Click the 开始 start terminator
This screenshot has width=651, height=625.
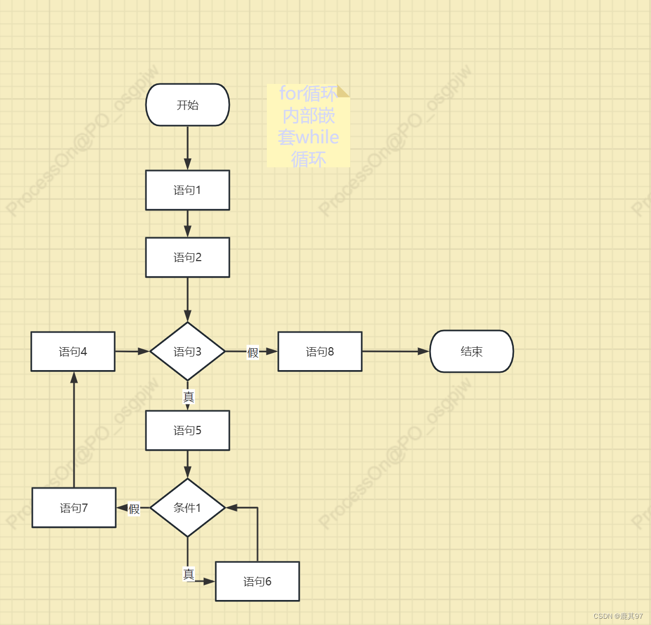tap(188, 105)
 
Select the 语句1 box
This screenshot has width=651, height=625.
tap(188, 190)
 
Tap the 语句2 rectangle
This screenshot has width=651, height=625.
tap(188, 258)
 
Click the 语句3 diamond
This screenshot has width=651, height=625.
tap(188, 351)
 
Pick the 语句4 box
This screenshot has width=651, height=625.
tap(73, 351)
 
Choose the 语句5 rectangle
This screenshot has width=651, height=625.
tap(188, 431)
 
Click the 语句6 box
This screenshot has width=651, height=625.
tap(257, 581)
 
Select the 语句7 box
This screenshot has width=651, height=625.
tap(74, 508)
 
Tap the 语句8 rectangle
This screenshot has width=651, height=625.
tap(320, 351)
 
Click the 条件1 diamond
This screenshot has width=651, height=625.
tap(188, 508)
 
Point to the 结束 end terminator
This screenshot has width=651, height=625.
tap(472, 351)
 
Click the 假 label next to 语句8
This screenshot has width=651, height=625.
tap(253, 353)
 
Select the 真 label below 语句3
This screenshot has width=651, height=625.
tap(189, 397)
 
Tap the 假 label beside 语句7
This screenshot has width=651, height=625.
tap(134, 509)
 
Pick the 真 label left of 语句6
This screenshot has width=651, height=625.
tap(189, 574)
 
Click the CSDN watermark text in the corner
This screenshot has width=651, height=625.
tap(618, 616)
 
